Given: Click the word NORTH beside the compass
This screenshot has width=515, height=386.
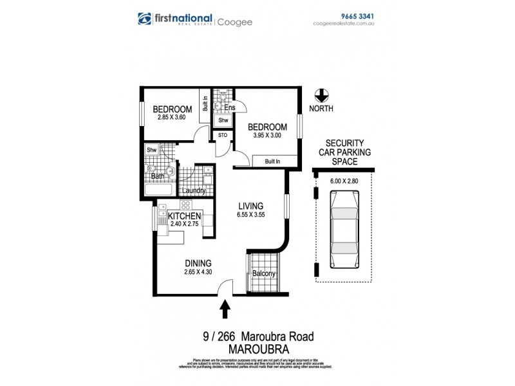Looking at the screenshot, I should point(320,109).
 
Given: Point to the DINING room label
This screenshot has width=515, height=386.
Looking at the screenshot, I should point(198,262).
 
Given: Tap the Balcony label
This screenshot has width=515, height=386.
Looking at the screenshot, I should point(265,274).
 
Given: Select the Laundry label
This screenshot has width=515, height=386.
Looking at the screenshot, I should point(194,191).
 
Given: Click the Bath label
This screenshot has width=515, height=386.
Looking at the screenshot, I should point(157,176).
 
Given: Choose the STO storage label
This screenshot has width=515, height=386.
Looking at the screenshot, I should point(223,136).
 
